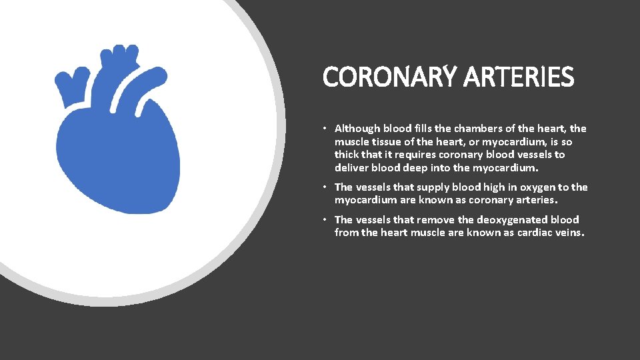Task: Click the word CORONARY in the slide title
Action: click(x=385, y=77)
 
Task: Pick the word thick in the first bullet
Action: click(x=347, y=155)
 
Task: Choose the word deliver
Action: click(x=349, y=167)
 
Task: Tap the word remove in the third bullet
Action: click(x=434, y=219)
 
